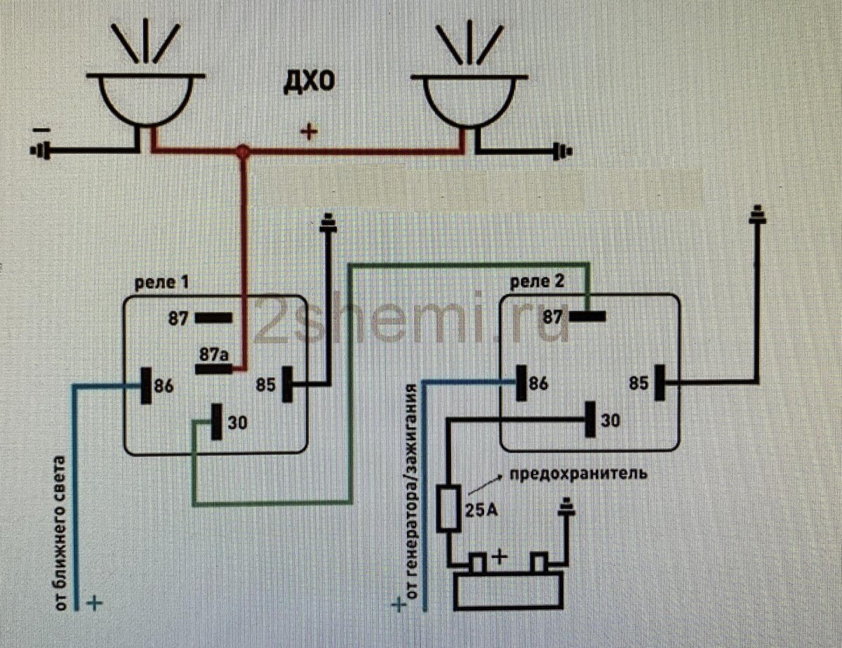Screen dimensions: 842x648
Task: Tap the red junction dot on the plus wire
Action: (x=243, y=151)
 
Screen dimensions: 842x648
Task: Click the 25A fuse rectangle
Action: (x=449, y=508)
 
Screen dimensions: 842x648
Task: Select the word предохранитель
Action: (x=577, y=474)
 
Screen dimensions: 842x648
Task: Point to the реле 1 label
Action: (x=161, y=282)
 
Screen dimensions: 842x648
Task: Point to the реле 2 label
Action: (x=537, y=282)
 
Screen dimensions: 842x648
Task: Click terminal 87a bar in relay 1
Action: (x=214, y=369)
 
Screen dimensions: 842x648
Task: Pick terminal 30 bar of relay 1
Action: (x=217, y=421)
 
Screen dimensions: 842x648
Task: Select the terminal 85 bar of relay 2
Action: (x=660, y=383)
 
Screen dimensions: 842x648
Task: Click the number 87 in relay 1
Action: (x=178, y=319)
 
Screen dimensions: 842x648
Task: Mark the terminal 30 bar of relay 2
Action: (x=590, y=419)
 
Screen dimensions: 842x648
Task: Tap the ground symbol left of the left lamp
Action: (x=40, y=150)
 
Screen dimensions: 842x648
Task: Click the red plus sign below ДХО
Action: (x=309, y=132)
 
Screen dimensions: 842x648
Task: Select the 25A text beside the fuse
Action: (x=481, y=510)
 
